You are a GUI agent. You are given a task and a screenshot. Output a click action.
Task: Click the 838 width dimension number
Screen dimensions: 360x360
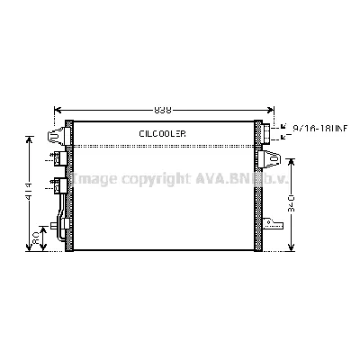(162, 109)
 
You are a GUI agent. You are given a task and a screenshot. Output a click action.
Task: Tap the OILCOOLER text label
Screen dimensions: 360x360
(162, 133)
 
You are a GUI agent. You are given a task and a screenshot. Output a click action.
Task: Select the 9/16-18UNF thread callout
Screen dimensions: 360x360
(319, 129)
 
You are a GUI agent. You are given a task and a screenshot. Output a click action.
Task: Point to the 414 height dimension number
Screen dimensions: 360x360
(30, 193)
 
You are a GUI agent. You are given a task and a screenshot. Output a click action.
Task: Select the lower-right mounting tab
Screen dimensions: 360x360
(269, 220)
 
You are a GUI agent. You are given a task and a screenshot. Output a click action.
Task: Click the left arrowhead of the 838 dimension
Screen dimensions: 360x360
(59, 109)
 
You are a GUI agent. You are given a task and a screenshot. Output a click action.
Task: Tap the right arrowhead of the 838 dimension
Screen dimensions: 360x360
(270, 109)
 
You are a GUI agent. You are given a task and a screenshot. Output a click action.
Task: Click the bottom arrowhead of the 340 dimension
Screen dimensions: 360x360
(292, 250)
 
